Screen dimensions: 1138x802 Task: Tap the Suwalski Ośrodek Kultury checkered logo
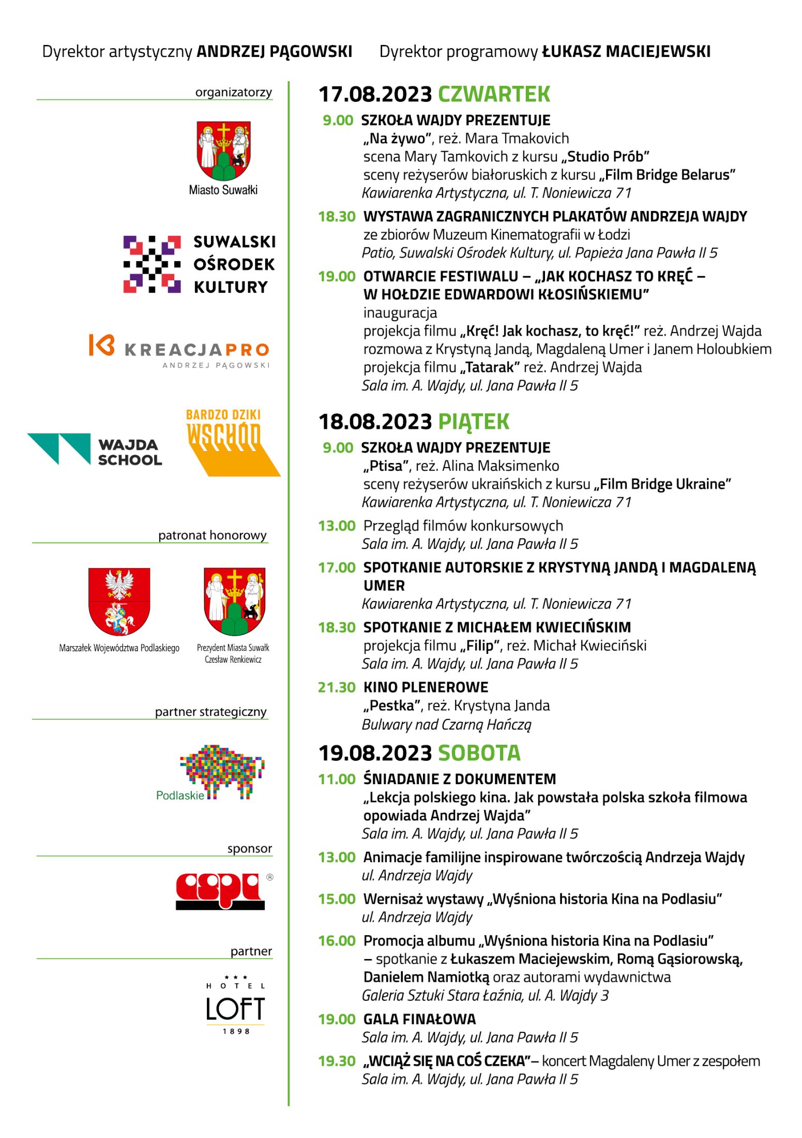tap(152, 264)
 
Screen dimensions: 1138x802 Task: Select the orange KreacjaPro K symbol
tap(101, 345)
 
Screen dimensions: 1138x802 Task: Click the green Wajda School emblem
tap(59, 448)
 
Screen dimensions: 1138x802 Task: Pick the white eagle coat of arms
tap(119, 601)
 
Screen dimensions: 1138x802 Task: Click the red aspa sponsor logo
tap(220, 891)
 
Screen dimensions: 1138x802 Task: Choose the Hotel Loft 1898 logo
tap(236, 1007)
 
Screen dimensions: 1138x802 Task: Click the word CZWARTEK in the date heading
tap(494, 94)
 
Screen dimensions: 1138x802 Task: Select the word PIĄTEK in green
tap(474, 422)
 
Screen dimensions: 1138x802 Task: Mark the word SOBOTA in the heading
tap(479, 753)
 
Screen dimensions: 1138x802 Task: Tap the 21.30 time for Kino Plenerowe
tap(337, 687)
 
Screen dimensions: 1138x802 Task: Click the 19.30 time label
tap(337, 1061)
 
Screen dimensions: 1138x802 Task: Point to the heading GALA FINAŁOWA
tap(419, 1019)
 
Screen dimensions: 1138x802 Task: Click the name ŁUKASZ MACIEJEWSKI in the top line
tap(626, 51)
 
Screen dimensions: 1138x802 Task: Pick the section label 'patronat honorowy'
tap(213, 535)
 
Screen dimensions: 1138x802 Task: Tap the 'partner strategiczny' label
tap(210, 712)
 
